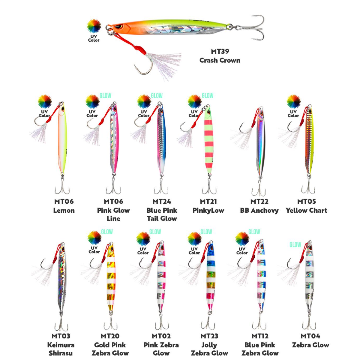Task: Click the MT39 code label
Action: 220,51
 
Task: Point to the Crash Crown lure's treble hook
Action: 250,28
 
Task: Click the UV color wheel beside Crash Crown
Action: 94,26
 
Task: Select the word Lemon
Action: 64,211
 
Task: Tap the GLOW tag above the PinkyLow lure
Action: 207,96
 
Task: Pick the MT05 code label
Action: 307,201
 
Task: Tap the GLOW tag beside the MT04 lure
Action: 295,244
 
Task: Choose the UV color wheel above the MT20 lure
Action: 94,238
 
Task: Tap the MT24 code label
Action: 162,201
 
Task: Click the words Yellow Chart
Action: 306,211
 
